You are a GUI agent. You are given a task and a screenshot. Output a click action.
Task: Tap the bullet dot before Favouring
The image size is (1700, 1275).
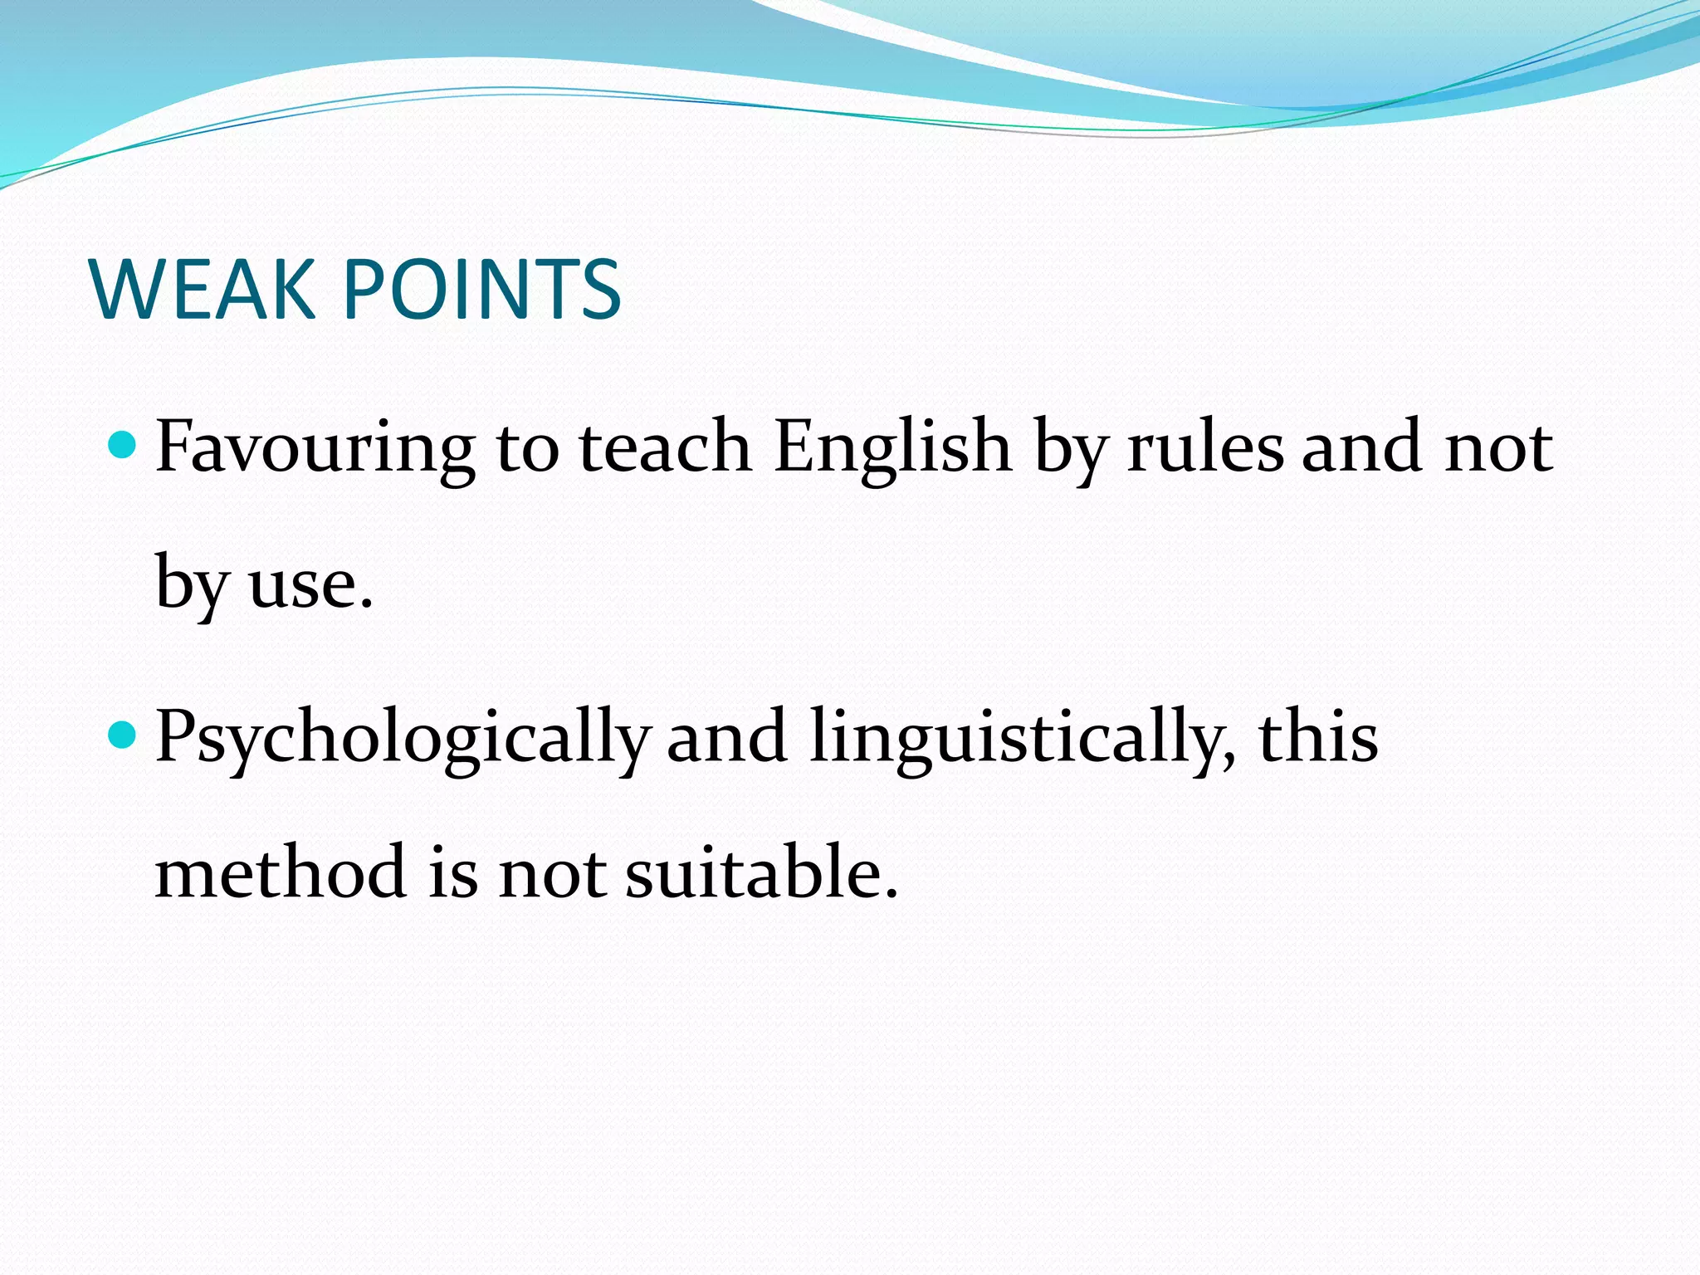[122, 446]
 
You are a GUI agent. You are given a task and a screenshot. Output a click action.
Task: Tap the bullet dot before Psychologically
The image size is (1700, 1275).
[122, 735]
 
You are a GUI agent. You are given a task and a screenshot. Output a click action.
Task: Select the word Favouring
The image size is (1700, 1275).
[315, 448]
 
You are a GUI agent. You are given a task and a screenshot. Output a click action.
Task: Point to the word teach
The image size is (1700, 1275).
[665, 448]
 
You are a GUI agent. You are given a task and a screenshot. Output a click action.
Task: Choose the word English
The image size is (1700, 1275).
[892, 448]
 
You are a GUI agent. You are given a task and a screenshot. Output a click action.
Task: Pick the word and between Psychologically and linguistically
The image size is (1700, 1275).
[727, 737]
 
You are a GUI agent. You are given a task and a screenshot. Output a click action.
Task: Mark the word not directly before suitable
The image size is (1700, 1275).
[551, 873]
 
